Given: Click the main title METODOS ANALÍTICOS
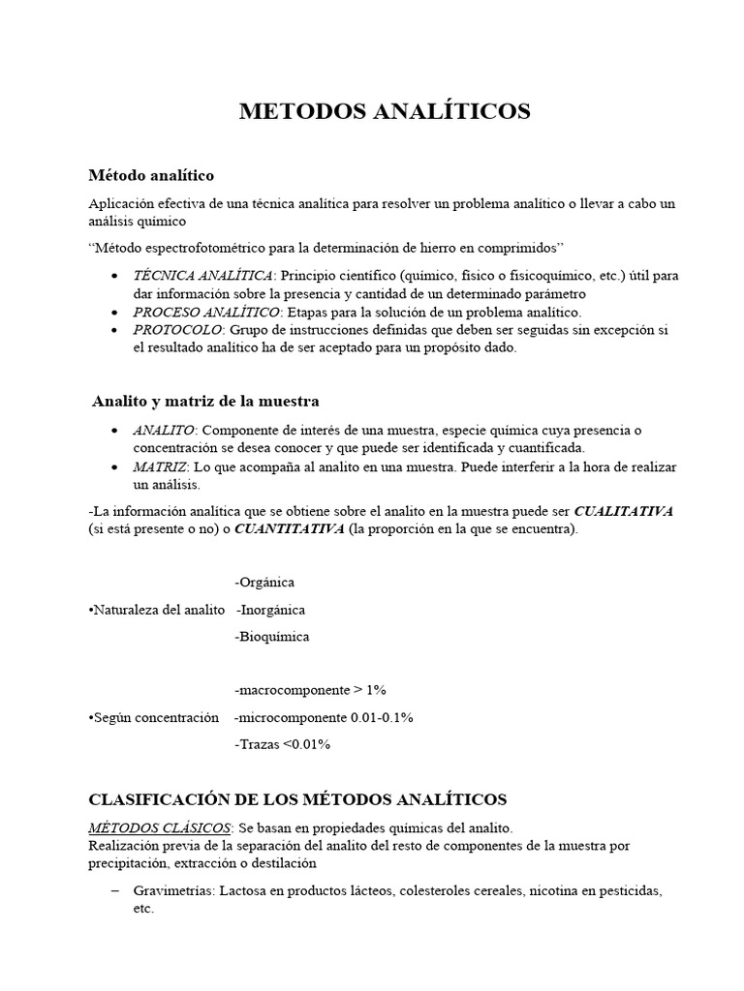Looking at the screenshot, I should [x=385, y=112].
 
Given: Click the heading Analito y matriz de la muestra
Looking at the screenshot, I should [x=205, y=401].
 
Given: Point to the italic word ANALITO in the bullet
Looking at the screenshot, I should [x=164, y=430].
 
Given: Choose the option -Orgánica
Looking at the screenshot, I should [x=264, y=583].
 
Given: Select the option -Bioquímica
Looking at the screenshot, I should [x=272, y=637].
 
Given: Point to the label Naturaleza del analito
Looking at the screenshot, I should [x=157, y=610].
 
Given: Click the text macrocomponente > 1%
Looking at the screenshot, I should [x=310, y=690].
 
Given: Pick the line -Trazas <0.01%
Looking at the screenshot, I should [x=282, y=744].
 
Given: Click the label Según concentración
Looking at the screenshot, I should [x=153, y=717].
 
